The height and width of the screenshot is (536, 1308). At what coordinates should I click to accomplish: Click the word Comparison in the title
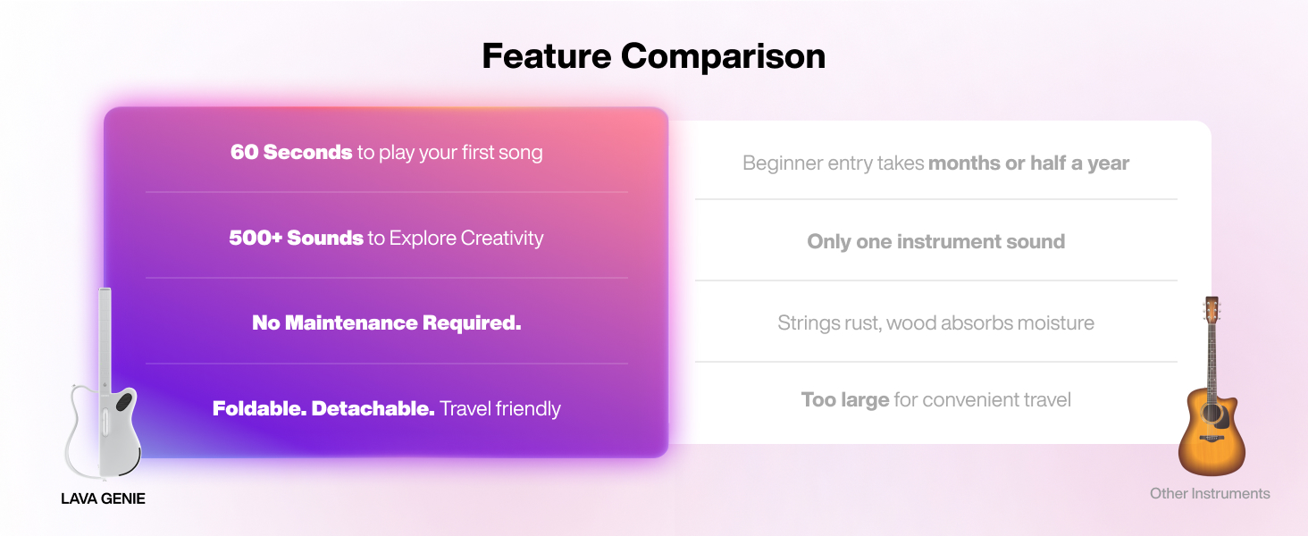(x=723, y=57)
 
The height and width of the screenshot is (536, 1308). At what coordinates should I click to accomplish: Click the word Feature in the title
(x=547, y=56)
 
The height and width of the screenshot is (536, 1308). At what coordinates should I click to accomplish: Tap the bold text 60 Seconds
(x=291, y=152)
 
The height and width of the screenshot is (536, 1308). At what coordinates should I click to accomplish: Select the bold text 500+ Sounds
(x=296, y=238)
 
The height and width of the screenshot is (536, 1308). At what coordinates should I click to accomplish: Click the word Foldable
(x=259, y=408)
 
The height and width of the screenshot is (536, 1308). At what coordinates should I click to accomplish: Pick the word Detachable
(x=373, y=408)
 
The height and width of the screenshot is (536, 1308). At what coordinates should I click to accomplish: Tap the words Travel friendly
(x=499, y=409)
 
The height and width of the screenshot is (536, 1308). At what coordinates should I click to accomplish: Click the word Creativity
(x=502, y=239)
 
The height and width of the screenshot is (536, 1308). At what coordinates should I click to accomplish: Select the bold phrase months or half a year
(x=1029, y=163)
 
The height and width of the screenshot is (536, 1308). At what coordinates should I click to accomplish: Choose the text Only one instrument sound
(x=936, y=242)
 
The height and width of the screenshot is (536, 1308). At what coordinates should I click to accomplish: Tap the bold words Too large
(x=845, y=400)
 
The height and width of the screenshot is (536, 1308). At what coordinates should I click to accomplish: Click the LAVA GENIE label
(x=103, y=498)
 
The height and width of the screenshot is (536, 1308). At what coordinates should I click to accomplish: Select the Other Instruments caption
(x=1210, y=493)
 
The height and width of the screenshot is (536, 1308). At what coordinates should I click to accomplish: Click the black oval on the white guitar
(x=124, y=401)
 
